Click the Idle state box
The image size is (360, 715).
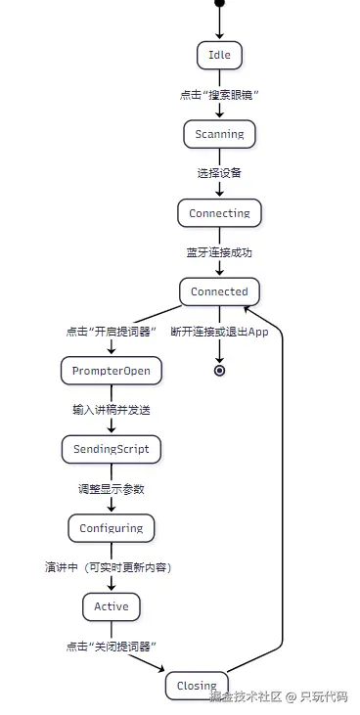tap(219, 55)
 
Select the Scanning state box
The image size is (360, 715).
tap(219, 134)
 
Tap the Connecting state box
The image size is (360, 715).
tap(219, 213)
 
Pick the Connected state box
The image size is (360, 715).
tap(219, 291)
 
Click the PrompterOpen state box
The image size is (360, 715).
tap(111, 371)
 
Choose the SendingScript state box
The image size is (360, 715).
tap(111, 449)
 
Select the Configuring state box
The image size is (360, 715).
tap(111, 528)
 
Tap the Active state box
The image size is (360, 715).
tap(111, 606)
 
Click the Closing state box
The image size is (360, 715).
tap(197, 686)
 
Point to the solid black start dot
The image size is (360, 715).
tap(219, 4)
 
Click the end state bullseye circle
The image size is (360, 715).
tap(219, 371)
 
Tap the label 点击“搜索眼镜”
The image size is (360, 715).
tap(219, 95)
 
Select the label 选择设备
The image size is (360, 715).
tap(219, 173)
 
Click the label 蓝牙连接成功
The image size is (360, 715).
tap(219, 252)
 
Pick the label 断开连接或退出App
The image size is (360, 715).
tap(219, 331)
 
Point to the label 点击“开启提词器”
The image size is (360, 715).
tap(112, 331)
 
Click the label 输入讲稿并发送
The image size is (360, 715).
tap(111, 410)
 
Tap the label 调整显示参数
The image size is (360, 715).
tap(111, 488)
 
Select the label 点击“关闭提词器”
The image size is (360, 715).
tap(112, 647)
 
